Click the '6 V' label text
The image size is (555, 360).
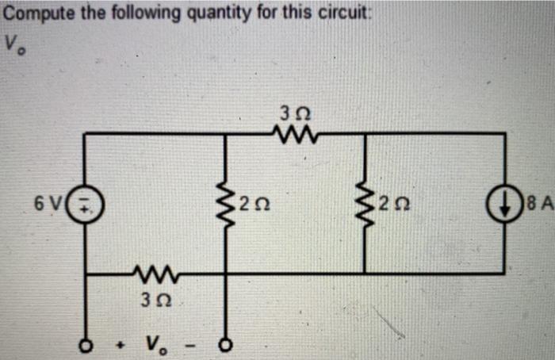click(47, 207)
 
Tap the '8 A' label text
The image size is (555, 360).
click(534, 208)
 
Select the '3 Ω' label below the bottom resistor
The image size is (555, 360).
click(155, 301)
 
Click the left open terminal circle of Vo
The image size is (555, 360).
click(84, 346)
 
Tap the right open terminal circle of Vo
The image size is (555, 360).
click(225, 346)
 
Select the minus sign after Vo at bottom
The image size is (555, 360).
click(193, 346)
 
